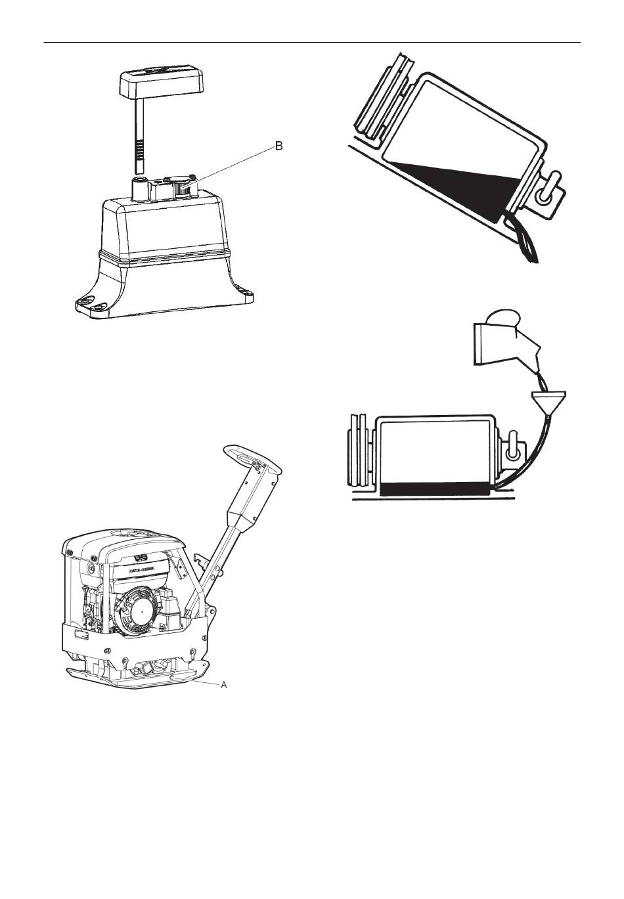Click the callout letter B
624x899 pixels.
tap(279, 146)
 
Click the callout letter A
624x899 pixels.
tap(223, 684)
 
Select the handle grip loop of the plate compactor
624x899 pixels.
tap(252, 459)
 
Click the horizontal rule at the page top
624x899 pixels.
tap(312, 43)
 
